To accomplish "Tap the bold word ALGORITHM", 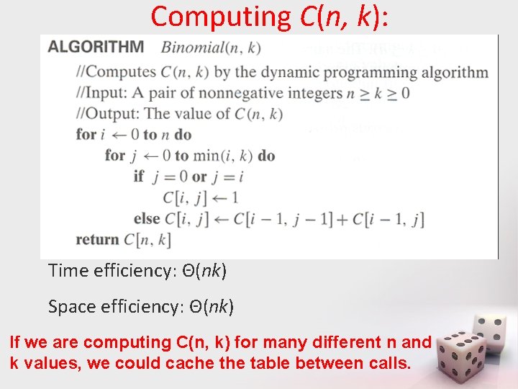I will (x=95, y=48).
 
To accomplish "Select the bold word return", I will (x=96, y=239).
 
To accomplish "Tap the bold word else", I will (x=147, y=218).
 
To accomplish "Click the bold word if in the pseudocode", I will (x=139, y=176).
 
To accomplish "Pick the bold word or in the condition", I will (x=199, y=176).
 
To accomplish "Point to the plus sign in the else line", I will (x=342, y=218).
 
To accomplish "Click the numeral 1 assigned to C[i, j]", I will (x=234, y=197).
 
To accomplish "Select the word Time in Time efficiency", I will (x=66, y=271).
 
